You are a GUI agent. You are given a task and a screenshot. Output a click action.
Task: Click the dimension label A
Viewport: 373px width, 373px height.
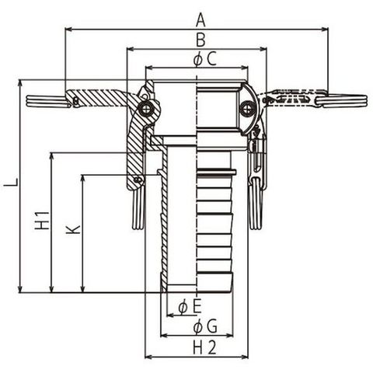pyautogui.click(x=200, y=20)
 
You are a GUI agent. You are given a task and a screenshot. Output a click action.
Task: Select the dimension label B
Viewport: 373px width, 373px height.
pyautogui.click(x=200, y=40)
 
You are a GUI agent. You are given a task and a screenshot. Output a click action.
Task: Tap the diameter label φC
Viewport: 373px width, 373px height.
pyautogui.click(x=204, y=59)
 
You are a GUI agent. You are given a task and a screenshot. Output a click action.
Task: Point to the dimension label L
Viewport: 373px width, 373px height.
pyautogui.click(x=12, y=182)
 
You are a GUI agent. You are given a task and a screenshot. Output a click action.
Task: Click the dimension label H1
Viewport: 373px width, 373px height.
pyautogui.click(x=42, y=221)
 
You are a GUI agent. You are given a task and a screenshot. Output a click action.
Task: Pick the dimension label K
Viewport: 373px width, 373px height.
pyautogui.click(x=73, y=229)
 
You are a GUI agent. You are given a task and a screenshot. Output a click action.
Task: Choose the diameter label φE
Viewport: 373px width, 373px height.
pyautogui.click(x=190, y=307)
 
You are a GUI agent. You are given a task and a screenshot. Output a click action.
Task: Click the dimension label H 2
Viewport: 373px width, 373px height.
pyautogui.click(x=204, y=347)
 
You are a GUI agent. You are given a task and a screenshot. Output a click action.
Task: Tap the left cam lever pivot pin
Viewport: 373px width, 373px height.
pyautogui.click(x=147, y=110)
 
